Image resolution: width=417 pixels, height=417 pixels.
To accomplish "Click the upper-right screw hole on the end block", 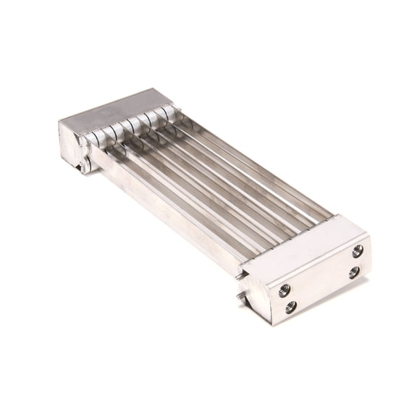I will point(358,250).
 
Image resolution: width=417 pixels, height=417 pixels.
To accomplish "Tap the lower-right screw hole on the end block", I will point(353,273).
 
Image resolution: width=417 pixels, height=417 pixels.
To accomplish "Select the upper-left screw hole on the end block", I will point(283,291).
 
